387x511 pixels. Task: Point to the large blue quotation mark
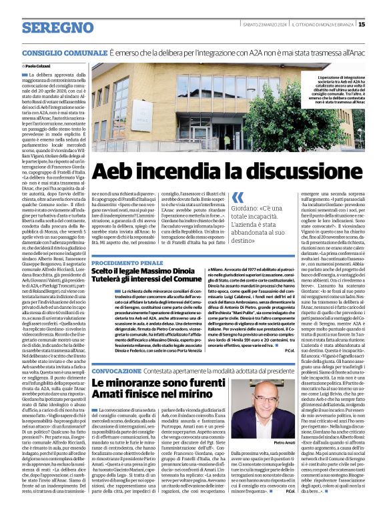click(238, 197)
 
